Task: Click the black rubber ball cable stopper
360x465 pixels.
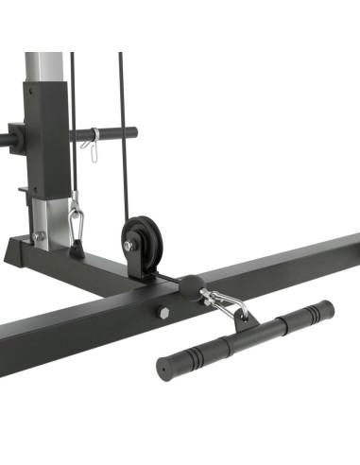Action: pos(190,287)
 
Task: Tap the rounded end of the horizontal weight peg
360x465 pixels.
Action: pos(130,133)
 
